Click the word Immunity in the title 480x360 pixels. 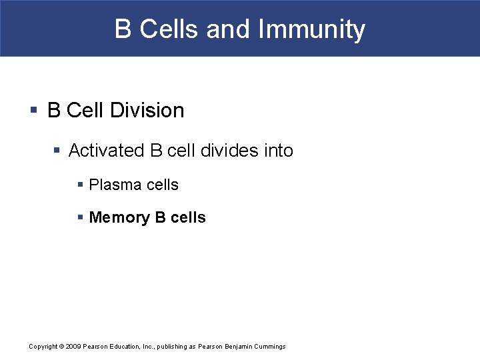pos(311,30)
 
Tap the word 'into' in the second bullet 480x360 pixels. pos(279,151)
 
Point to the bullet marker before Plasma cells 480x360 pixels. pos(81,185)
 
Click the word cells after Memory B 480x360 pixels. pos(189,217)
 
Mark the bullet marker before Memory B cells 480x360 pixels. pos(81,217)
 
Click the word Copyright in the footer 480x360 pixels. pos(43,346)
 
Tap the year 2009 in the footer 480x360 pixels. pos(73,346)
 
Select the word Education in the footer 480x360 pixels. pos(122,346)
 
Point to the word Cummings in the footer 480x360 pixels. pos(268,346)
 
